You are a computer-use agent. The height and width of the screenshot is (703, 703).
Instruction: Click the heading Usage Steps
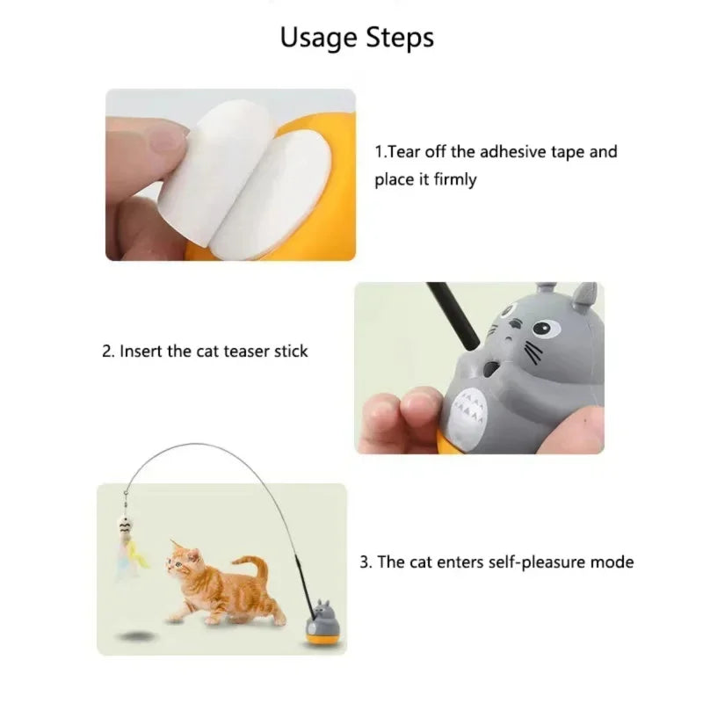point(356,38)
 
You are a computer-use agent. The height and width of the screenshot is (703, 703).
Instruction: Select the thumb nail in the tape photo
point(156,141)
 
